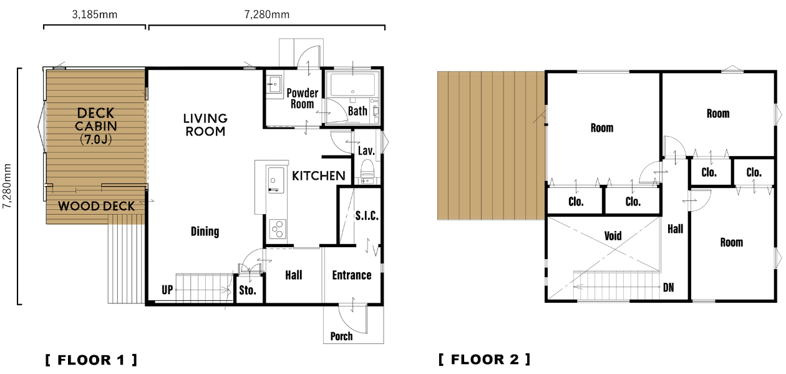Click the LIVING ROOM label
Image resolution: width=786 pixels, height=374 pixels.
point(205,125)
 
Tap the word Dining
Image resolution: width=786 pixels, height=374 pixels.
point(205,232)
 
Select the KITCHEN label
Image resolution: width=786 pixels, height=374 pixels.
point(319,175)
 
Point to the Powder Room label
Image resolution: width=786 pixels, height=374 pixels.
point(303,98)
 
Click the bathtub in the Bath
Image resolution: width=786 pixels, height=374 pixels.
point(352,85)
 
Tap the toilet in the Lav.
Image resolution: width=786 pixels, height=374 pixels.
point(367,168)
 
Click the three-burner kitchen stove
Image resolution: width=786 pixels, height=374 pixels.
point(278,229)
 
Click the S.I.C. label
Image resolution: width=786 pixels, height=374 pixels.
point(367,215)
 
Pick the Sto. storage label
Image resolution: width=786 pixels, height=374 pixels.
point(248,290)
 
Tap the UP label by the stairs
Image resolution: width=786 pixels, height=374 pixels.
point(167,290)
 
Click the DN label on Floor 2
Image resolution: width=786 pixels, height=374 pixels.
point(669,288)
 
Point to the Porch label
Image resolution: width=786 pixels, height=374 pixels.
point(341,336)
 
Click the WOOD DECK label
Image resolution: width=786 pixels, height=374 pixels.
point(96,206)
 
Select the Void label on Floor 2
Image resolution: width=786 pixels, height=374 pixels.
point(613,235)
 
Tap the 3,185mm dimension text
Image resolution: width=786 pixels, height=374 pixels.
point(95,14)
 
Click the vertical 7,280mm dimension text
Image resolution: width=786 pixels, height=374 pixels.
point(7,186)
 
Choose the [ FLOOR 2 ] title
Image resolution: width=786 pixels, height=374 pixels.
point(484,359)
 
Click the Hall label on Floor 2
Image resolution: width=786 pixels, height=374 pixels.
point(675,229)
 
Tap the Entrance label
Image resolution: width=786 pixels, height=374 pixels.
point(352,275)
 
